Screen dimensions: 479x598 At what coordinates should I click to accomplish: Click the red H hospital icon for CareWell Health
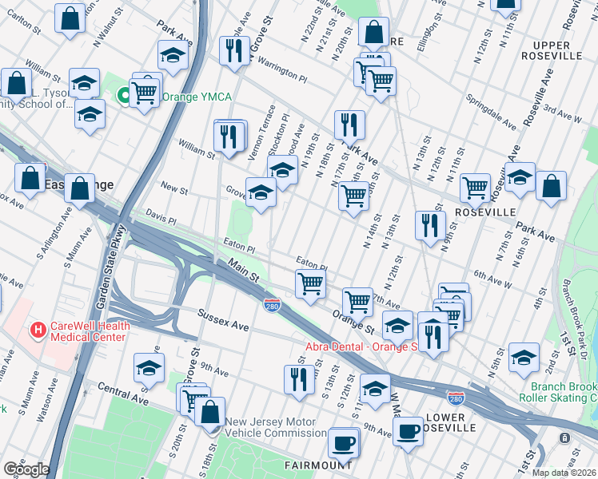click(x=37, y=329)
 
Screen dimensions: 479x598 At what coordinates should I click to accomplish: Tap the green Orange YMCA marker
click(x=125, y=97)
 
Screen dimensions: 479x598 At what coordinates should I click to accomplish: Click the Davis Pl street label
click(x=161, y=216)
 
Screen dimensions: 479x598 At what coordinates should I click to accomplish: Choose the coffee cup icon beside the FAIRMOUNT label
click(x=344, y=442)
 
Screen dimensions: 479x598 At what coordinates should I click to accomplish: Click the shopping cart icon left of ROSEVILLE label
click(x=475, y=188)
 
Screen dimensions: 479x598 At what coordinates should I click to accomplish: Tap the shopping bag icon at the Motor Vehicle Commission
click(x=209, y=412)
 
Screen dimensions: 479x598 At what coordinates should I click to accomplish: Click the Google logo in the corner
click(x=26, y=469)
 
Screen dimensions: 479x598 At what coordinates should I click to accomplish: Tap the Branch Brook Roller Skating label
click(x=557, y=391)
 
